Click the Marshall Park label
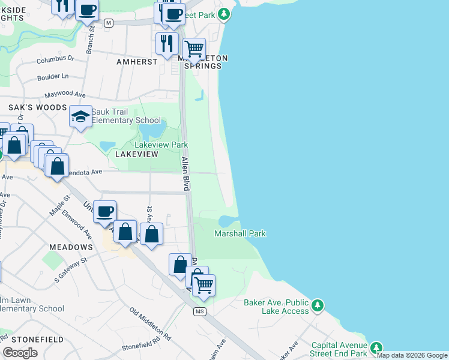[240, 233]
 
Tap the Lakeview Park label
[161, 145]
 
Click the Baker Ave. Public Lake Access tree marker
[318, 306]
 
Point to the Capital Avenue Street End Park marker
[376, 348]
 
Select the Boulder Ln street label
[53, 76]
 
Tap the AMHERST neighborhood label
[137, 61]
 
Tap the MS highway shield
[200, 312]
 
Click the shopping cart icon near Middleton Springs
[193, 49]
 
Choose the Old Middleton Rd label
[150, 325]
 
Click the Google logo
[20, 353]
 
